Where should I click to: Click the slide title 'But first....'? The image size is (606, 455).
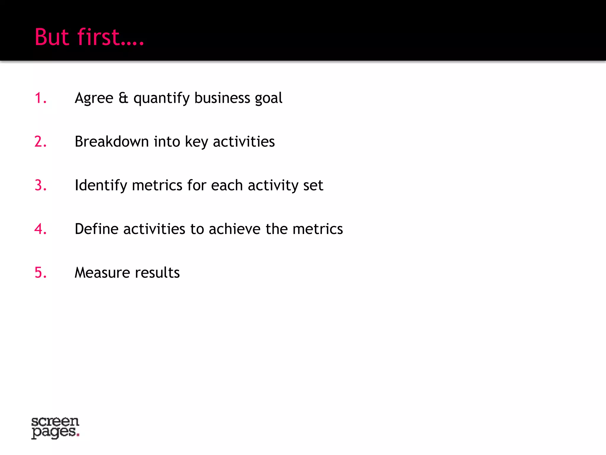89,37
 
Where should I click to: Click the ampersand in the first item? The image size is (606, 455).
123,98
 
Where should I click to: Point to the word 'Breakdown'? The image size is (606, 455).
112,142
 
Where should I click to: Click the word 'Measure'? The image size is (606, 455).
102,273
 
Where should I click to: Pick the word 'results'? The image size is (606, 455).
157,273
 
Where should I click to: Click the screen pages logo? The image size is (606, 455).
55,427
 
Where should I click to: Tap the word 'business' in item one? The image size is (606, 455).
222,98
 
